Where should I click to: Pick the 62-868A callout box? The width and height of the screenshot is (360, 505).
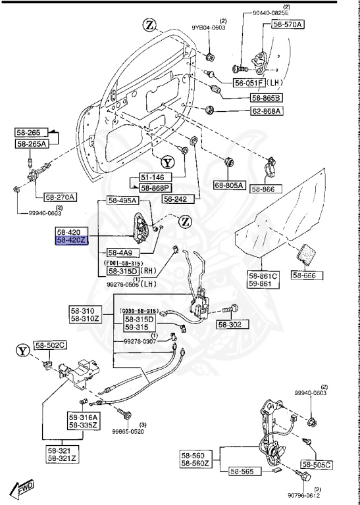(x=266, y=111)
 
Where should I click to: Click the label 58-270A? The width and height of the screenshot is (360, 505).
(x=61, y=197)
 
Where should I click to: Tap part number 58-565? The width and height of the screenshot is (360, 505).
(x=242, y=471)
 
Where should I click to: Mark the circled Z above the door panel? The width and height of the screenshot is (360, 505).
(x=150, y=26)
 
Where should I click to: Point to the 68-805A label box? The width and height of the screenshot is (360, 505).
(x=229, y=187)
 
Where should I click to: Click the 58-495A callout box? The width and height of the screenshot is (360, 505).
(x=123, y=201)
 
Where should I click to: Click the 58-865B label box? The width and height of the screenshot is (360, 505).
(x=266, y=97)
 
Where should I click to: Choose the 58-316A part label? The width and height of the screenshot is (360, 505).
(x=82, y=417)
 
